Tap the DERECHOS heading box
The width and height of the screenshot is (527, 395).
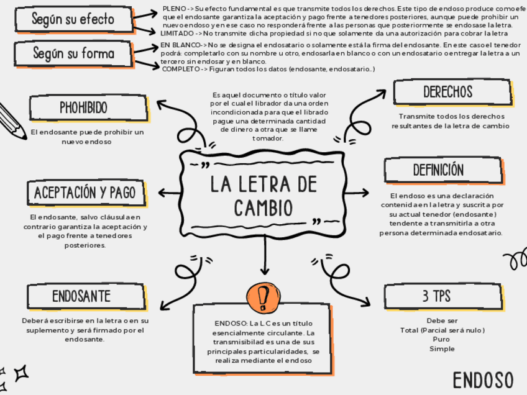pos(447,92)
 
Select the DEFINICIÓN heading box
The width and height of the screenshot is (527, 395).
pos(438,170)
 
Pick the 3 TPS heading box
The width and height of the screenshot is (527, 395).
pos(436,296)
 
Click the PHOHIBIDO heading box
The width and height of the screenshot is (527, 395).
pos(83,107)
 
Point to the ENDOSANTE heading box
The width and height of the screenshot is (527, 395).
pos(81,296)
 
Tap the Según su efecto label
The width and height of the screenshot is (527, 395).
pos(73,19)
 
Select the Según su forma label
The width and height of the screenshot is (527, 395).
pos(73,54)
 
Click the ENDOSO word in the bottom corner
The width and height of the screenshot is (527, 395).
pos(483,380)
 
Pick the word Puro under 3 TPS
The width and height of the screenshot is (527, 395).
pos(441,340)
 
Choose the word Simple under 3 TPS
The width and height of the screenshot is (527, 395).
pos(441,349)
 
